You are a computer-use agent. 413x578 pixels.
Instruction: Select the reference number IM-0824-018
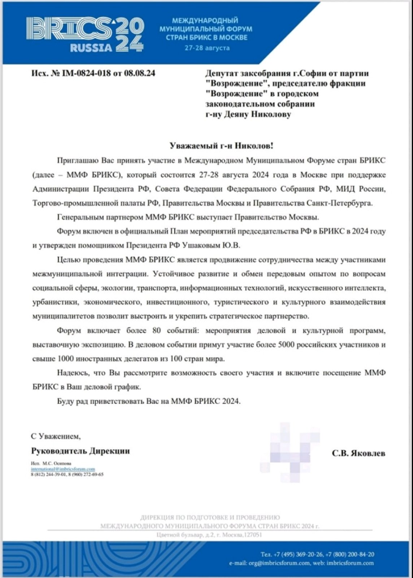coord(87,73)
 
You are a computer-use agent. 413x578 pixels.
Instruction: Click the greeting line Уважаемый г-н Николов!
coord(222,146)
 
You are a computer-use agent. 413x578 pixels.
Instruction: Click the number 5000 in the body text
coord(287,345)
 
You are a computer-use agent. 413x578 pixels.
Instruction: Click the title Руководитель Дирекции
coord(81,451)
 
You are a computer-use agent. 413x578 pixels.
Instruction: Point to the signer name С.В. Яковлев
coord(358,453)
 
